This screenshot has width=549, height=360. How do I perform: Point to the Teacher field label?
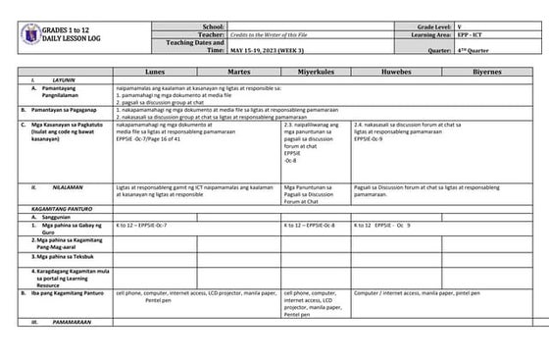click(x=211, y=34)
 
